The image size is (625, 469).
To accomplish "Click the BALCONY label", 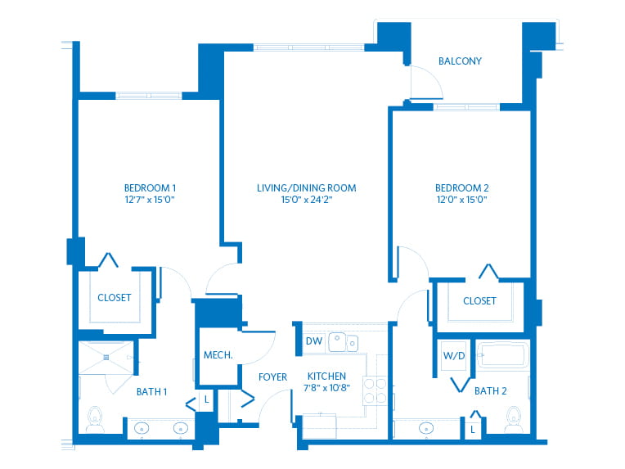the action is click(460, 61).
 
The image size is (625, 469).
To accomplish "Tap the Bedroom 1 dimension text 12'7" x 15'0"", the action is click(150, 200).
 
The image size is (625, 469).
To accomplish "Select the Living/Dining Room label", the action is click(306, 187).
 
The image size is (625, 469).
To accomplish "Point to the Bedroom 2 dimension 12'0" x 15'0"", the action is click(462, 200).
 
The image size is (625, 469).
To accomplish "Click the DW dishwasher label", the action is click(314, 341).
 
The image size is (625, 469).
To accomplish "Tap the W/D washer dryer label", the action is click(454, 356).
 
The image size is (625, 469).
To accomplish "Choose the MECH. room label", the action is click(218, 355).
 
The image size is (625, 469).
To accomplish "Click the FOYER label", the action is click(272, 377).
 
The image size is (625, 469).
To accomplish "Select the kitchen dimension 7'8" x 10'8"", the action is click(327, 388).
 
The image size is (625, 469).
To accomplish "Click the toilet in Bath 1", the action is click(95, 419).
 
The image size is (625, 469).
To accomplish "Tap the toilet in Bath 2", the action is click(514, 419).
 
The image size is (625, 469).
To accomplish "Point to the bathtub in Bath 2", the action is click(502, 354).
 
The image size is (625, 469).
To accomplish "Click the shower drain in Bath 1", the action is click(106, 358).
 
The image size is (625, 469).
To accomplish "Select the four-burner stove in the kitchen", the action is click(375, 390).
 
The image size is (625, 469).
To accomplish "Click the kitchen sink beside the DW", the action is click(343, 342).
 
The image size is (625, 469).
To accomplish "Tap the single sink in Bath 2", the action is click(426, 429).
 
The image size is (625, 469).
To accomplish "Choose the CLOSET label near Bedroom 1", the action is click(115, 297).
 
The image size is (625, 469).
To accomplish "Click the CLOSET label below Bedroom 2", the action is click(479, 300).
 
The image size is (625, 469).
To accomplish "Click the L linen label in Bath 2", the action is click(473, 430).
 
